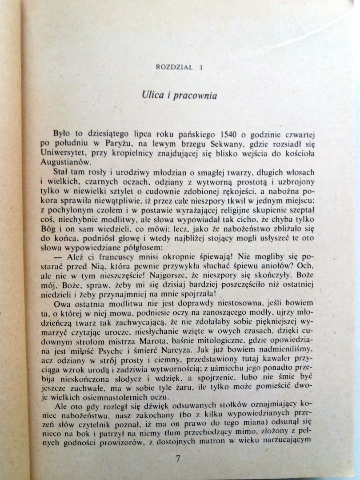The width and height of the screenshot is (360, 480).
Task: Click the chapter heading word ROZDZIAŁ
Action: (173, 67)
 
